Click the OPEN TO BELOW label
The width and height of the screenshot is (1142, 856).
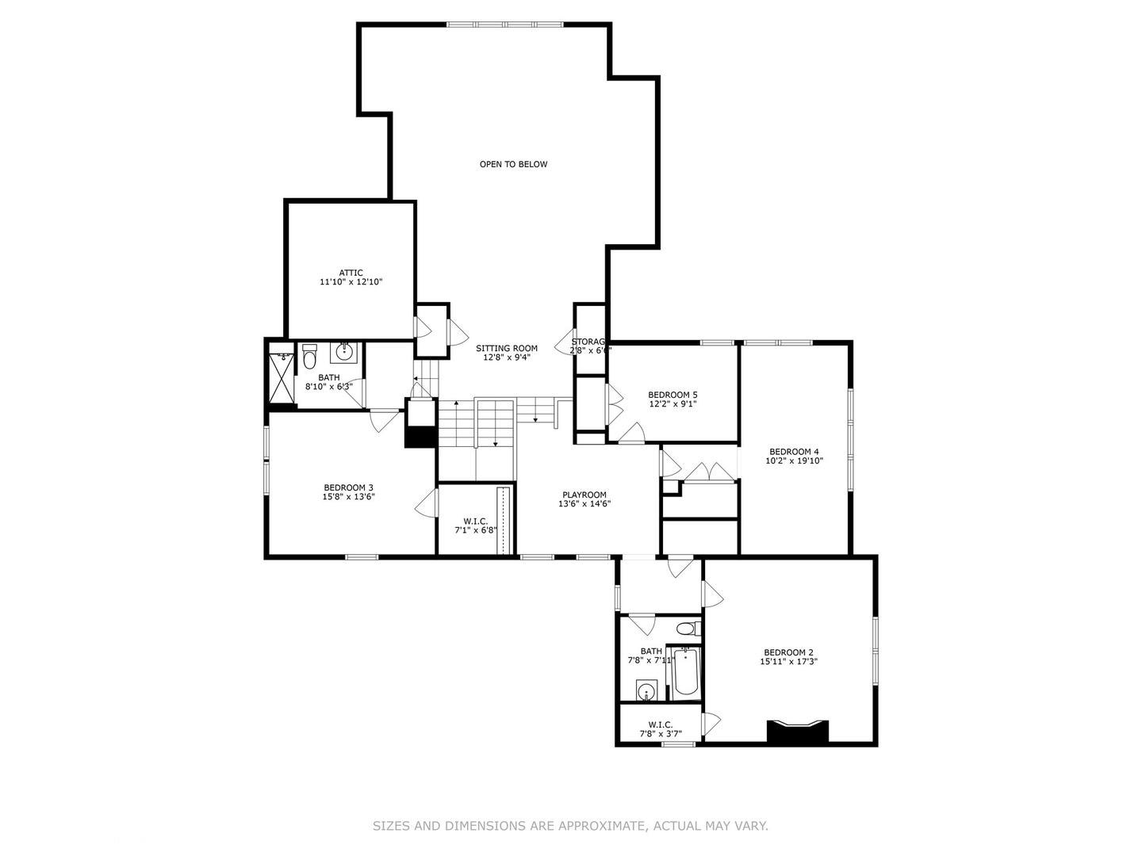(x=513, y=164)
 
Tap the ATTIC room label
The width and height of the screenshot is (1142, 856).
(x=351, y=273)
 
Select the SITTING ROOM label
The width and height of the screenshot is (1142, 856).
(x=506, y=348)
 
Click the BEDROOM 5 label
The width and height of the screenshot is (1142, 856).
(x=673, y=395)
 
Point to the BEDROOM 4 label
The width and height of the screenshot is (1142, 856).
(x=794, y=452)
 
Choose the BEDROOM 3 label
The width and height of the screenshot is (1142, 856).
(x=348, y=487)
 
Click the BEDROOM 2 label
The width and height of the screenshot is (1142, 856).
(x=788, y=652)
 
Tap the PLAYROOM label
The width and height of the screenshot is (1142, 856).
(x=584, y=495)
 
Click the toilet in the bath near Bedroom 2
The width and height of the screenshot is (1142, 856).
(x=687, y=629)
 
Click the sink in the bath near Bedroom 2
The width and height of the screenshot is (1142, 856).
(x=647, y=691)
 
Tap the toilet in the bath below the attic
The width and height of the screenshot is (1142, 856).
(x=309, y=357)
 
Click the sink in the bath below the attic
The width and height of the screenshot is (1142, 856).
(x=345, y=351)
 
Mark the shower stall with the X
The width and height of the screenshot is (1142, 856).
(x=281, y=378)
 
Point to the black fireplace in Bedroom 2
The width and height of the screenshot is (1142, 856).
(x=798, y=731)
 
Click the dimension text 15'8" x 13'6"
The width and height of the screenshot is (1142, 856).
(x=348, y=497)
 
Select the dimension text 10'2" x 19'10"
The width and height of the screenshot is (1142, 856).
(x=794, y=460)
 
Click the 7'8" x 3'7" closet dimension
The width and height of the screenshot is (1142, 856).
(x=660, y=734)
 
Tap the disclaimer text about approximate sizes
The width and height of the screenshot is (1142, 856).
(x=570, y=826)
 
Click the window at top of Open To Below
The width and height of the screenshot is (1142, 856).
(x=505, y=25)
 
